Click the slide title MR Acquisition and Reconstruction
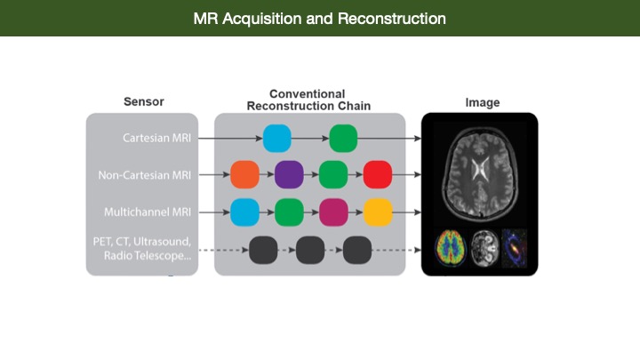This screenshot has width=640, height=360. pyautogui.click(x=320, y=19)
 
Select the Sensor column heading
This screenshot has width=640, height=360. pyautogui.click(x=144, y=101)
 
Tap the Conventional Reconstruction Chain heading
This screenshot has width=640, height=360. pyautogui.click(x=308, y=100)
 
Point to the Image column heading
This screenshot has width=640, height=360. pyautogui.click(x=483, y=102)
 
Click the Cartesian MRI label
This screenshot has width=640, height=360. pyautogui.click(x=156, y=138)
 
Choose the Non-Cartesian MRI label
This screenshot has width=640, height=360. pyautogui.click(x=145, y=175)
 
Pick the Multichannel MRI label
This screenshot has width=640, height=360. pyautogui.click(x=148, y=212)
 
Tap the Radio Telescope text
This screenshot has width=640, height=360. pyautogui.click(x=148, y=256)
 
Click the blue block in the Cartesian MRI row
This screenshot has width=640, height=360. pyautogui.click(x=277, y=139)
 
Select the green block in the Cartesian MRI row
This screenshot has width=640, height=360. pyautogui.click(x=343, y=139)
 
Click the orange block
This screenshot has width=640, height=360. pyautogui.click(x=245, y=175)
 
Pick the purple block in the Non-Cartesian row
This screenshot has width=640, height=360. pyautogui.click(x=289, y=175)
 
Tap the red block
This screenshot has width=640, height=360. pyautogui.click(x=378, y=175)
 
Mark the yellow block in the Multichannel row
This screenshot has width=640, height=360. pyautogui.click(x=378, y=212)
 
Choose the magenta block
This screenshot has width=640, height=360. pyautogui.click(x=333, y=212)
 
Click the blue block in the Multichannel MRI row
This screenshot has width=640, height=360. pyautogui.click(x=245, y=212)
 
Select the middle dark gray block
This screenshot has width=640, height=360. pyautogui.click(x=310, y=250)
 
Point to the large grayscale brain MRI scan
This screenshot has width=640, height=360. pyautogui.click(x=480, y=173)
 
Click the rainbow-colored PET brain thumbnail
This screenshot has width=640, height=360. pyautogui.click(x=451, y=248)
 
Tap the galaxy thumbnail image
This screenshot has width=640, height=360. pyautogui.click(x=515, y=248)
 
